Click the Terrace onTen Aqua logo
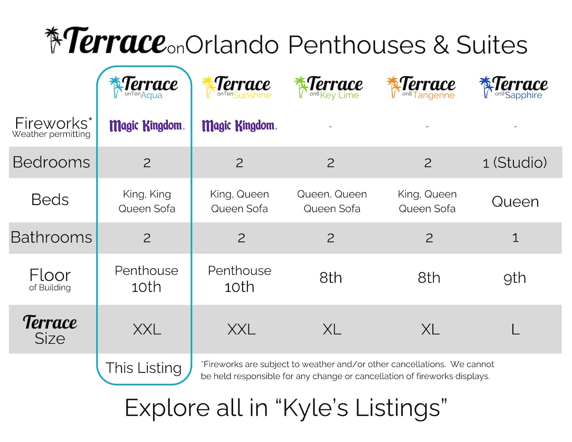(143, 87)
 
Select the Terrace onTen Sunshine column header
(236, 87)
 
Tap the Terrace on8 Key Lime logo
(328, 87)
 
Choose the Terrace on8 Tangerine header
(421, 87)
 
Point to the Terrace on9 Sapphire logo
(513, 87)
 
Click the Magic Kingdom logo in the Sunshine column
(240, 125)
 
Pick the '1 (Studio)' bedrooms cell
(515, 163)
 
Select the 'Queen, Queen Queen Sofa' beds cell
(332, 201)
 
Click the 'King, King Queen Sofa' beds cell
(147, 201)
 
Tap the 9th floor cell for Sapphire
(515, 278)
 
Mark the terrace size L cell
(515, 329)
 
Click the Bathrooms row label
(51, 237)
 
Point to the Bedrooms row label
(51, 162)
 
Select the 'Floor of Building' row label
(50, 279)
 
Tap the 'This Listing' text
(143, 368)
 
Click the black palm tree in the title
(53, 40)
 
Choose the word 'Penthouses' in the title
(357, 45)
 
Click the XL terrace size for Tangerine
(430, 329)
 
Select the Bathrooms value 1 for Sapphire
(515, 238)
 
